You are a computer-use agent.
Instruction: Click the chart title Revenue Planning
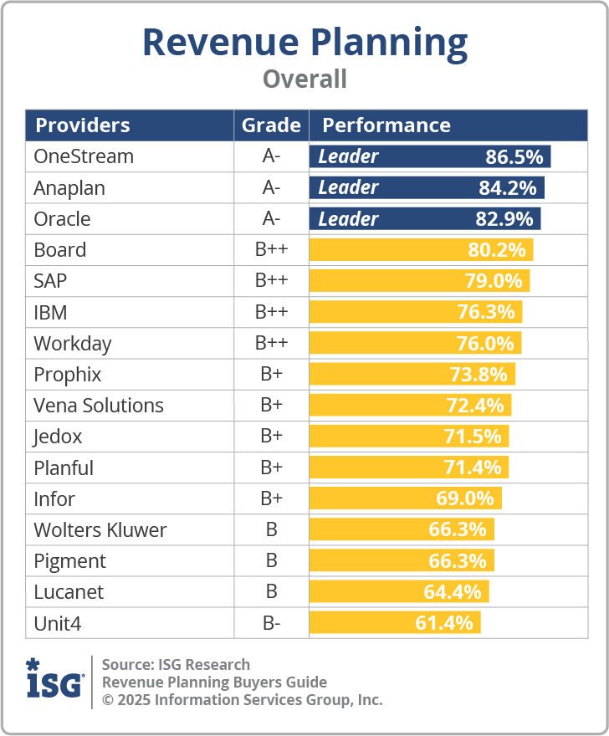point(304,42)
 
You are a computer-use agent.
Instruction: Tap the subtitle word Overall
point(304,79)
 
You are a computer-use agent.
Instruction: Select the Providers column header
point(82,125)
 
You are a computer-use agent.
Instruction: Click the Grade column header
point(271,125)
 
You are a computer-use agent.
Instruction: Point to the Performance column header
point(386,125)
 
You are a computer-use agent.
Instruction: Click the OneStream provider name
point(84,156)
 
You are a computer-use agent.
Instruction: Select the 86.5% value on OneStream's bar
point(514,156)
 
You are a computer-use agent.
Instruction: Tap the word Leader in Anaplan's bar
point(348,187)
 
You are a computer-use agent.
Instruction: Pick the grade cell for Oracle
point(271,219)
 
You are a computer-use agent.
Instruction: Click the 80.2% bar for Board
point(421,250)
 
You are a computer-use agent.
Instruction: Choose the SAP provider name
point(50,281)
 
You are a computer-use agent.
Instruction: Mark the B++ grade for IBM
point(271,312)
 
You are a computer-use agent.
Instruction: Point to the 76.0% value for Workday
point(490,343)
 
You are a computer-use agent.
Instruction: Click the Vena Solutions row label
point(99,406)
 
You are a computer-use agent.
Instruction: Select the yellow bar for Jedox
point(409,437)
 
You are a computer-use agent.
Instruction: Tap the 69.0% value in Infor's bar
point(465,498)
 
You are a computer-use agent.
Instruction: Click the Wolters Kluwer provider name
point(100,529)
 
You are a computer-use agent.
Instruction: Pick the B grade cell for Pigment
point(271,560)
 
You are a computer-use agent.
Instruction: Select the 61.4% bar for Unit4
point(395,623)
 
